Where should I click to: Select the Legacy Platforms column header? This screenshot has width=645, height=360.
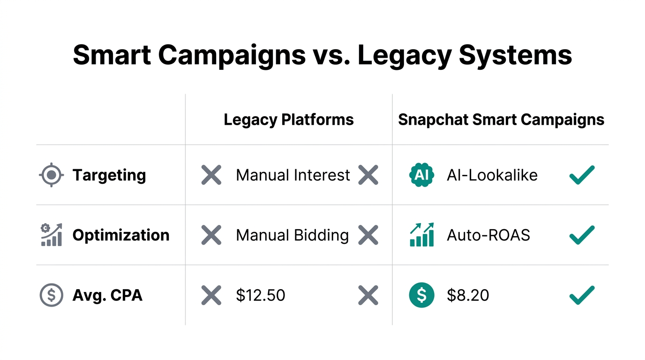coord(289,120)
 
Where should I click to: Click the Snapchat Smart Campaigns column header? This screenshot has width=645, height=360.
coord(501,120)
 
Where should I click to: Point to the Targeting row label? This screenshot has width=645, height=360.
coord(109,175)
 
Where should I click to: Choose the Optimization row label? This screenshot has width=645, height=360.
coord(121,235)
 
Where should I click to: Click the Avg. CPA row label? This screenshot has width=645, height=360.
coord(107,295)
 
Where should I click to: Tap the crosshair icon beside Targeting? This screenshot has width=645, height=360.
coord(52,175)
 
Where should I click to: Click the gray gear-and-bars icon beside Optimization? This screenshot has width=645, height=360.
coord(51,235)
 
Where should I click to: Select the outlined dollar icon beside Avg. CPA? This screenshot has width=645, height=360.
coord(52,295)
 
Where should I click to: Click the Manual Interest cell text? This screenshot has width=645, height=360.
coord(293,175)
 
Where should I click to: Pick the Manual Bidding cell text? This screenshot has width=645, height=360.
coord(292,235)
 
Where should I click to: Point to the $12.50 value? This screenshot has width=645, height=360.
coord(261,295)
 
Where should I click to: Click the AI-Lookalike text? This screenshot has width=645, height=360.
coord(492,175)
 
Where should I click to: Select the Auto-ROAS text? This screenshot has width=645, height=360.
coord(488,235)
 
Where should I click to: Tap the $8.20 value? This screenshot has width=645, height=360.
coord(468,295)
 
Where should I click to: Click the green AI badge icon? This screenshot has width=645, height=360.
coord(421,175)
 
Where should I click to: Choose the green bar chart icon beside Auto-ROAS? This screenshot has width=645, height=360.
coord(421,235)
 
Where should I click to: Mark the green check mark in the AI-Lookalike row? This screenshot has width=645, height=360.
coord(582,175)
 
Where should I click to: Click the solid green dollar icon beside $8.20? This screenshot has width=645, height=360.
coord(421,295)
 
